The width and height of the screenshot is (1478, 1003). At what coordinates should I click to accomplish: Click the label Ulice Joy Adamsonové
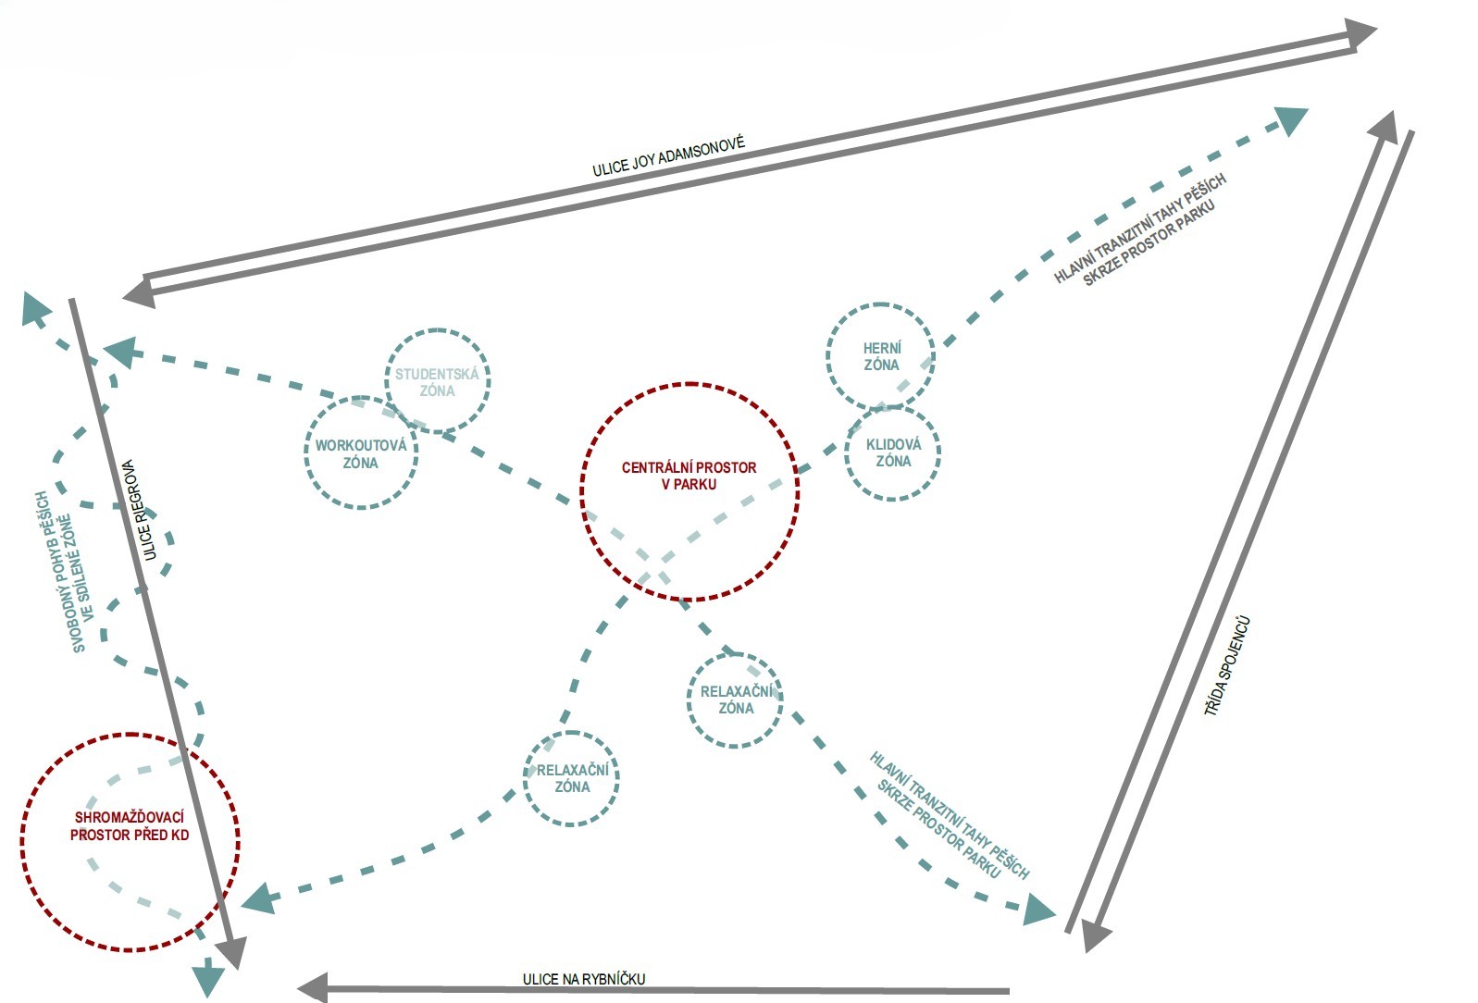point(668,157)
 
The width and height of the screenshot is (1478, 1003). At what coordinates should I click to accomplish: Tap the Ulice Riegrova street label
point(140,510)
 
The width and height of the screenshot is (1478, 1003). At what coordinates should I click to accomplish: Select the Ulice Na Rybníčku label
point(583,979)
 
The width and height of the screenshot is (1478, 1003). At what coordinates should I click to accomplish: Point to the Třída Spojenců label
point(1227,666)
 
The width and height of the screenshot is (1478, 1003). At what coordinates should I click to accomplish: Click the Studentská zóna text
point(437,382)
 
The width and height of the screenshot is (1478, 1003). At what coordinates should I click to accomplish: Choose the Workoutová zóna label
point(360,453)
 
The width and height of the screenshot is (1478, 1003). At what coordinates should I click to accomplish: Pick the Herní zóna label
point(881,356)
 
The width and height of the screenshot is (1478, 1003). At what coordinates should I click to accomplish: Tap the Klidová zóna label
point(893,452)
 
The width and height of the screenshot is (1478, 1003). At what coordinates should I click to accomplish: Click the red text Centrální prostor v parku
point(689,476)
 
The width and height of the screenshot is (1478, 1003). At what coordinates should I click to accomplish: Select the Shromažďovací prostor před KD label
point(130,825)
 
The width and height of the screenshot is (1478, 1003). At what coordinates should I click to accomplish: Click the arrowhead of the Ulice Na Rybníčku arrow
point(312,986)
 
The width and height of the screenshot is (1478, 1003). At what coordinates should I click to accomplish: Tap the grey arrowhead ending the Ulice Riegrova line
point(232,951)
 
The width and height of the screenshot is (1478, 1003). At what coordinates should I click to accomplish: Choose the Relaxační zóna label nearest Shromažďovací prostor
point(572,778)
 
